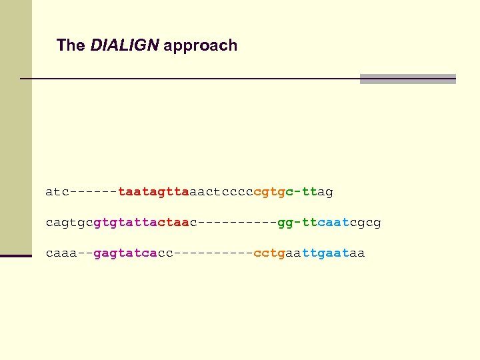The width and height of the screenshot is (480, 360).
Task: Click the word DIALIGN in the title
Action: click(125, 45)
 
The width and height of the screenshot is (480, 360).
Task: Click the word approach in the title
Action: click(200, 46)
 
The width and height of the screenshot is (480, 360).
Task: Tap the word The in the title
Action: click(71, 45)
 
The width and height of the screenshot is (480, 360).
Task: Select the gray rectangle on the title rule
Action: click(407, 79)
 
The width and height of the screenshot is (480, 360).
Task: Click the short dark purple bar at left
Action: click(16, 255)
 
